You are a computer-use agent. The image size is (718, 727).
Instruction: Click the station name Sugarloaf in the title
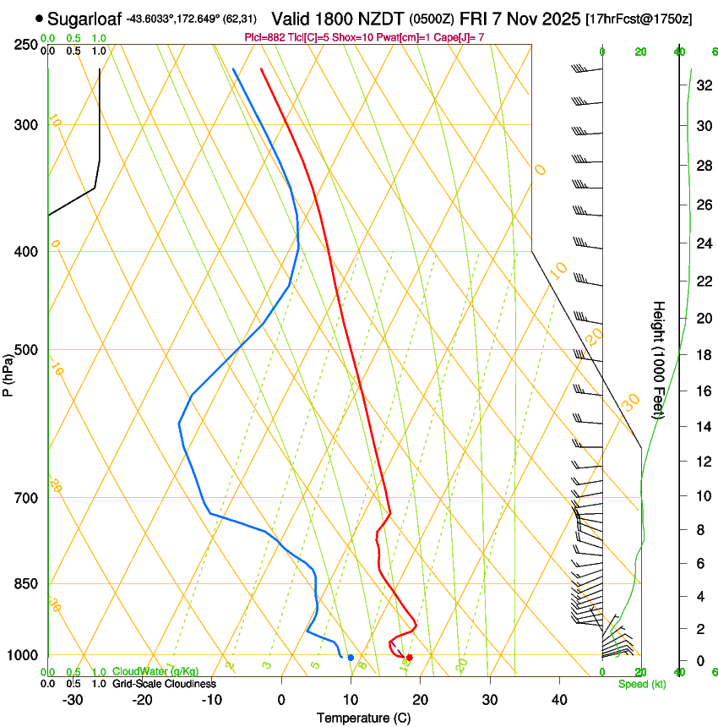[x=84, y=19]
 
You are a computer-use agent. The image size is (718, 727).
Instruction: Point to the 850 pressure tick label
[x=26, y=584]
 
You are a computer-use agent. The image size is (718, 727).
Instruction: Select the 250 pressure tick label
[x=26, y=44]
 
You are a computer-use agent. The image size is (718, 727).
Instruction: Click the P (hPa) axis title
[x=8, y=369]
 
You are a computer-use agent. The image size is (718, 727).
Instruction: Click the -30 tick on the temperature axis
[x=73, y=700]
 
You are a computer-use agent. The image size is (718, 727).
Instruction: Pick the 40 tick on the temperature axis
[x=558, y=700]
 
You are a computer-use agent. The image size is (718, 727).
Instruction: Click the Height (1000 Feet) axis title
[x=659, y=359]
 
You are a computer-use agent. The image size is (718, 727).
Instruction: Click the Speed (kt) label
[x=642, y=684]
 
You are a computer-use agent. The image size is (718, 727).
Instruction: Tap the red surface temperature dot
[x=409, y=658]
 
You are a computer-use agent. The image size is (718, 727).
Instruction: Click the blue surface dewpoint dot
[x=351, y=658]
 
